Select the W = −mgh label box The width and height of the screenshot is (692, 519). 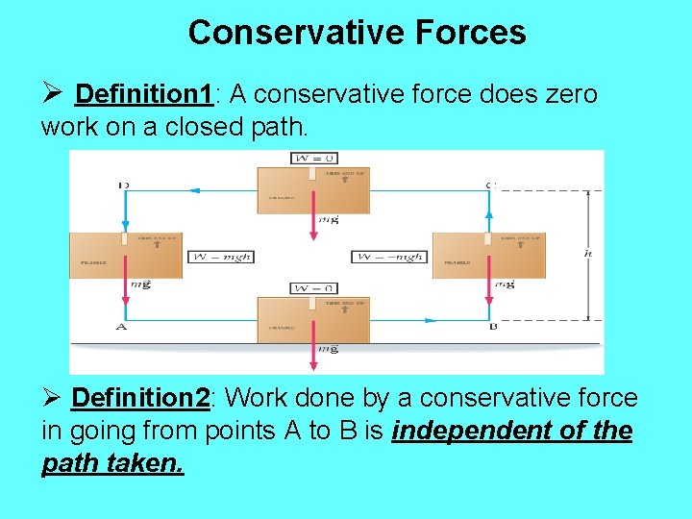[389, 257]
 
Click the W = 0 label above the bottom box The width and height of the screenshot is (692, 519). [312, 288]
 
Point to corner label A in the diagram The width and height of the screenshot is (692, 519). [121, 327]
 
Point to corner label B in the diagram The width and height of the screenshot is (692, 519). [492, 327]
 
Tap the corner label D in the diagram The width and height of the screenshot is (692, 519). [123, 185]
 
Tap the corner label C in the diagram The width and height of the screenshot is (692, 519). [490, 185]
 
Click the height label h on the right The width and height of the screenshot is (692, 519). [587, 254]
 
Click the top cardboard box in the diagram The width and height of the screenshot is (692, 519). [312, 189]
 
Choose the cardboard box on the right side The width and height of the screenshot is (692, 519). [488, 256]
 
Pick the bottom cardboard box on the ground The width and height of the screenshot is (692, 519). [312, 319]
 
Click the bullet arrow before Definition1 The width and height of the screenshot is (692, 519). [54, 94]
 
